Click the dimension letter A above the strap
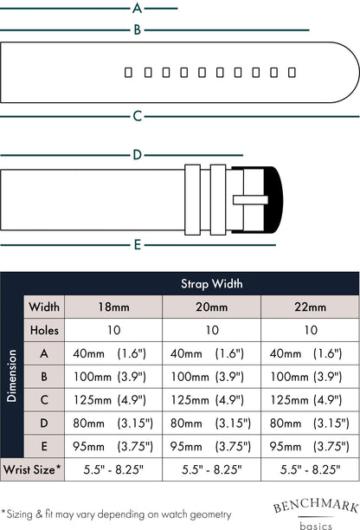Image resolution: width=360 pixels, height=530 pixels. (x=137, y=8)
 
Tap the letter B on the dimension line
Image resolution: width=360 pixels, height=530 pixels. (x=137, y=29)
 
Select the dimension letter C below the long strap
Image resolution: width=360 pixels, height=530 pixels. (x=137, y=116)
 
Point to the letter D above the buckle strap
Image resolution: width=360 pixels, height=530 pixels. (x=137, y=155)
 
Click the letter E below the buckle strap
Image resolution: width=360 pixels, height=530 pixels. (x=137, y=244)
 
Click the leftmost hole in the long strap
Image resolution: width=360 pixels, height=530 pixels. (x=128, y=73)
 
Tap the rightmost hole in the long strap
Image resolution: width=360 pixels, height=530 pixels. (x=292, y=73)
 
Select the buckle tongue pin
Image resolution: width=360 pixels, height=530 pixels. (x=250, y=200)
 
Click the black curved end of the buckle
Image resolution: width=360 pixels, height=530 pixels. (x=273, y=200)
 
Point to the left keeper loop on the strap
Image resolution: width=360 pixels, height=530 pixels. (x=192, y=200)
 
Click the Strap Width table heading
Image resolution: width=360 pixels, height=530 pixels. (x=212, y=283)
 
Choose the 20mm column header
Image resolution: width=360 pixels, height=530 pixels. (x=212, y=307)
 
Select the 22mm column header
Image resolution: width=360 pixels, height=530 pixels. (x=310, y=307)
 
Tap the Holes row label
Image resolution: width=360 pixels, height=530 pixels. (x=44, y=330)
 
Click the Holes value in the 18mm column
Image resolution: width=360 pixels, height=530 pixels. (x=114, y=330)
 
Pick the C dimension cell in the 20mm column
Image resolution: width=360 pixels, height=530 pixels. (x=208, y=400)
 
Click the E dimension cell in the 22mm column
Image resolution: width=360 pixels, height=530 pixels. (x=309, y=447)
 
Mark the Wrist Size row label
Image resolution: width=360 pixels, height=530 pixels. (x=32, y=470)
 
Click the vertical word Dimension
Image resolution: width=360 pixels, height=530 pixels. (x=11, y=376)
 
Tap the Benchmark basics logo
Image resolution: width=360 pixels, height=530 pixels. (x=316, y=514)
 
